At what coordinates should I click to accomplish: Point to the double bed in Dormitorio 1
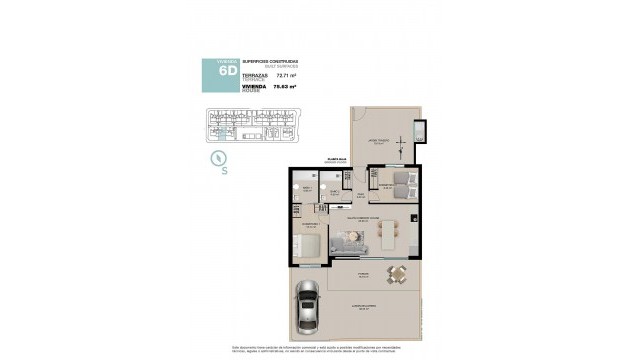pos(312,244)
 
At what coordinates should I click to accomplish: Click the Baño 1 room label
pos(307,186)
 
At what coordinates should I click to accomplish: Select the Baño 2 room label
pos(336,192)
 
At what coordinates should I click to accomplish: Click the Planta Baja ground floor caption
pos(336,158)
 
